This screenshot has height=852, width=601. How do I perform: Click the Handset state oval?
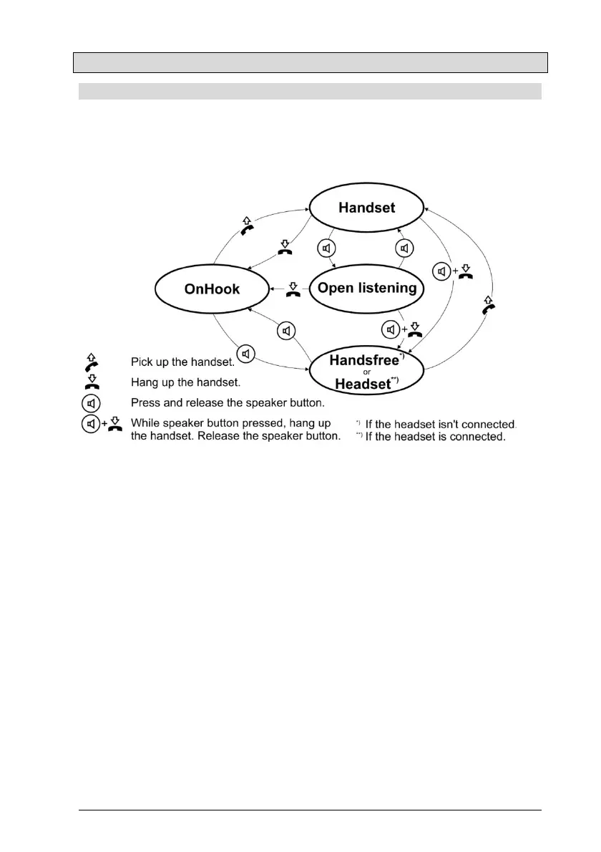point(366,208)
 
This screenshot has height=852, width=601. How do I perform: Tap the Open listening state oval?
point(367,289)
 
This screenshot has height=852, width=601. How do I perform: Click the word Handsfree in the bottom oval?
point(363,360)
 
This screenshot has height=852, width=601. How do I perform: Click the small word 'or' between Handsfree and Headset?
point(366,372)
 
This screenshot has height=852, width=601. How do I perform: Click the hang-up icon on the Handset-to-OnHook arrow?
point(285,248)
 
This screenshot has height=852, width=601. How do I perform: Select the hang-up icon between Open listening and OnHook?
point(292,289)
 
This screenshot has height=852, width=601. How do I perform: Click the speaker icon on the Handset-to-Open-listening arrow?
point(326,248)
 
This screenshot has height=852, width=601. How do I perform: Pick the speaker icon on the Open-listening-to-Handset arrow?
point(405,248)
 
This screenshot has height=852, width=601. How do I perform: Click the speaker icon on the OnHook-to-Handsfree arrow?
point(246,354)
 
